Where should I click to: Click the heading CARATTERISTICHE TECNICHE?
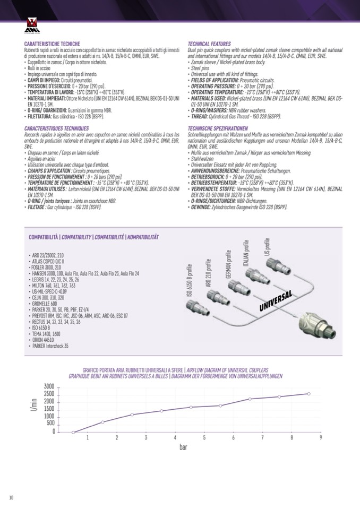52,44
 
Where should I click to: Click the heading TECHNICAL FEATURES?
209,44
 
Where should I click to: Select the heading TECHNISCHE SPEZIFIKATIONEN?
218,129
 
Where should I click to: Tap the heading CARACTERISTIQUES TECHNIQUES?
56,129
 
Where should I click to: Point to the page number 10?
11,497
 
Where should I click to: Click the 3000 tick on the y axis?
49,386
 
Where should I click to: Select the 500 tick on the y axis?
51,423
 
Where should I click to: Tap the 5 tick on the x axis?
204,437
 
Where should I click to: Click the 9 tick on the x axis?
321,437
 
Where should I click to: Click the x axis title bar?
183,447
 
